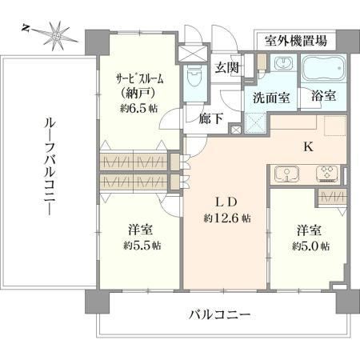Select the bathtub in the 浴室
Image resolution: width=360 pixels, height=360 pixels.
(x=323, y=68)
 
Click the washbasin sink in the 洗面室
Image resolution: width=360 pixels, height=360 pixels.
(x=283, y=63)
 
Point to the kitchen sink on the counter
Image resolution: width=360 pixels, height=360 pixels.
(x=286, y=174)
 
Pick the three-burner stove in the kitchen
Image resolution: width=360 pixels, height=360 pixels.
(x=327, y=174)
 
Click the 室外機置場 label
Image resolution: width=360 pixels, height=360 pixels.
(x=296, y=41)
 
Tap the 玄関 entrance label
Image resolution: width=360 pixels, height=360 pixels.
(x=227, y=67)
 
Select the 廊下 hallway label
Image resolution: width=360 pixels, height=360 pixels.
(x=211, y=118)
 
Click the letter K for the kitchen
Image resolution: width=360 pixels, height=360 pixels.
(x=309, y=146)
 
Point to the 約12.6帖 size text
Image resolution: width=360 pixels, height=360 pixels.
(x=227, y=218)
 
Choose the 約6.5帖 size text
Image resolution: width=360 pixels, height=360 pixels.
(x=138, y=108)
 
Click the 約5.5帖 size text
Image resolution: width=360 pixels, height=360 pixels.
(x=142, y=246)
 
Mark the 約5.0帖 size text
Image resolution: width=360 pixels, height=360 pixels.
(x=310, y=246)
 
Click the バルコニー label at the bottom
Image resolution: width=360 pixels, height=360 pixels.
(x=220, y=315)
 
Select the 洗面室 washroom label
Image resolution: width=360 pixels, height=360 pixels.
(x=271, y=98)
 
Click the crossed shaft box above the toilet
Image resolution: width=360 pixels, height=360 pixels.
(x=193, y=54)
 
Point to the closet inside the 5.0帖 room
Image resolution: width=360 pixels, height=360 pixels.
(x=332, y=198)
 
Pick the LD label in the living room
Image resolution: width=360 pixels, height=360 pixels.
(x=226, y=202)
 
